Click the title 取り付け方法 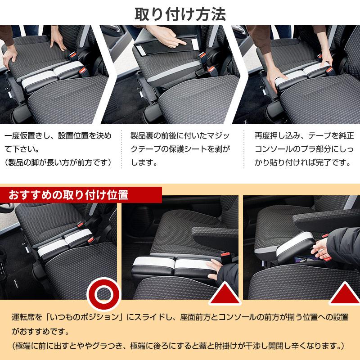click(180, 12)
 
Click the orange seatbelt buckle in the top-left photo click(82, 71)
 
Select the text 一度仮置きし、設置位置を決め click(58, 135)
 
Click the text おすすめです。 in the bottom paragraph click(41, 333)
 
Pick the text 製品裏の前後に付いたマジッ click(180, 135)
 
